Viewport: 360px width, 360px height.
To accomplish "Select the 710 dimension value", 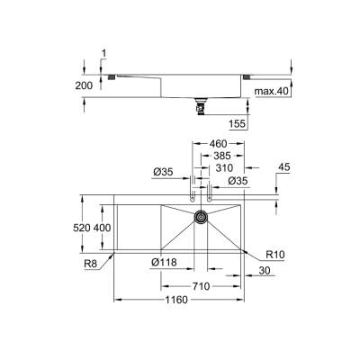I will pyautogui.click(x=201, y=285).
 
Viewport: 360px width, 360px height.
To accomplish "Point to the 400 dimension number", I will pyautogui.click(x=103, y=229).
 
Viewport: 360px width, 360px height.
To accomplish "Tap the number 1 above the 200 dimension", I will pyautogui.click(x=104, y=53).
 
